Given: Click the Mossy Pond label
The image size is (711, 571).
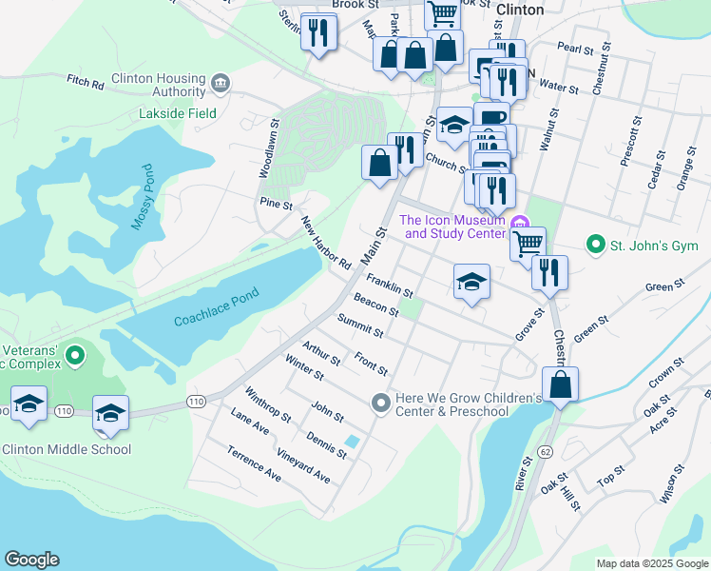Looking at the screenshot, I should pyautogui.click(x=142, y=198).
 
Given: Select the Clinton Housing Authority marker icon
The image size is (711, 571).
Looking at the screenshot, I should pyautogui.click(x=221, y=84).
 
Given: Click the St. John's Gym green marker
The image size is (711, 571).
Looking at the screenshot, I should pyautogui.click(x=596, y=245).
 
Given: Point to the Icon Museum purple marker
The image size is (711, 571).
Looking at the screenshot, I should pyautogui.click(x=520, y=225).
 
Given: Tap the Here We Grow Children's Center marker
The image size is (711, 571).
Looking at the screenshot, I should pyautogui.click(x=381, y=404).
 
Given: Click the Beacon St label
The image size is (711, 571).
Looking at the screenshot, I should pyautogui.click(x=375, y=306).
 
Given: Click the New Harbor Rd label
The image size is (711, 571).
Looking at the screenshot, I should pyautogui.click(x=326, y=243).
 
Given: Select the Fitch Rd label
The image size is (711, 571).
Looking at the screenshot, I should pyautogui.click(x=85, y=83).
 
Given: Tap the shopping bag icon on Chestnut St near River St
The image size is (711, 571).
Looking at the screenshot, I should pyautogui.click(x=561, y=385).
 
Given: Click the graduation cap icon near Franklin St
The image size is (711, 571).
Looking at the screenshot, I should pyautogui.click(x=471, y=283).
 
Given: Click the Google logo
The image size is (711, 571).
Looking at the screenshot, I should pyautogui.click(x=31, y=560).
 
